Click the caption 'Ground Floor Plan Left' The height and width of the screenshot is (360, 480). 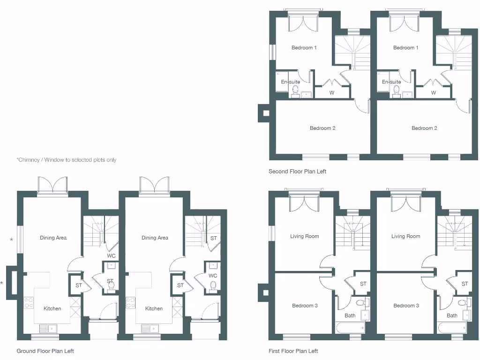pos(45,351)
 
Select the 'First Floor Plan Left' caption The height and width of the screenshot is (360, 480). pos(293,351)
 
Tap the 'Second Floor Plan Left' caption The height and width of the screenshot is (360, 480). pos(297,172)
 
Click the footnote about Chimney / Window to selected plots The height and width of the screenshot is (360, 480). pos(67,160)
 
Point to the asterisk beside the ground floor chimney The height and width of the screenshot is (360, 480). pos(1,283)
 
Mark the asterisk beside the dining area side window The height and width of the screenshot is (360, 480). pos(12,240)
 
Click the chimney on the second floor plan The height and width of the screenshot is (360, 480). pos(264,113)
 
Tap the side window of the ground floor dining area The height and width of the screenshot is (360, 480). pos(20,240)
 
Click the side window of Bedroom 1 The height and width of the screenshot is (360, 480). pos(271,52)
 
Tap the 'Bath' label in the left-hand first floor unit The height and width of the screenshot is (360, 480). pos(350,315)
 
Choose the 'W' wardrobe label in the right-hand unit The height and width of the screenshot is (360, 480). pos(434,93)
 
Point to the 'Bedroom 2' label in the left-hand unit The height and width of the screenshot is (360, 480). pos(322,128)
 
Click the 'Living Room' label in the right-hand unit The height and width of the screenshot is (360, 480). pos(406,236)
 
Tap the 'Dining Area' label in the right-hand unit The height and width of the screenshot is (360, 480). pos(155,238)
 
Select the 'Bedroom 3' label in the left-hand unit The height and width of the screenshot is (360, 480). pos(305,306)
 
